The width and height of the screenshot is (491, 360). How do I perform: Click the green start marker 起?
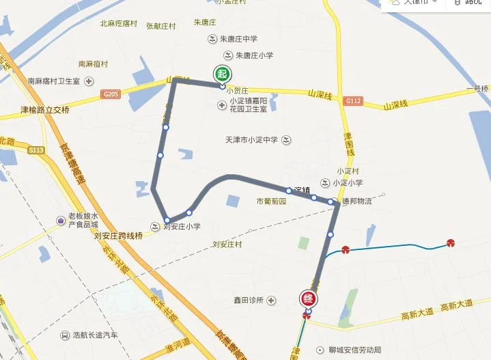[222, 74]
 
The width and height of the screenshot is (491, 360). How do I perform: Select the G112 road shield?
[352, 100]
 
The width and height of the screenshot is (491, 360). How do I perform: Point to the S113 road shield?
[36, 150]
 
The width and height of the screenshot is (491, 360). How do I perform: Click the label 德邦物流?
[357, 201]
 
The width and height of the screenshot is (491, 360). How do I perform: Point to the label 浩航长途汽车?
[96, 335]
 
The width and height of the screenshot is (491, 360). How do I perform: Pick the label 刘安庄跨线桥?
[120, 236]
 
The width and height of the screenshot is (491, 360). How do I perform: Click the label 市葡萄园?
[271, 202]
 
